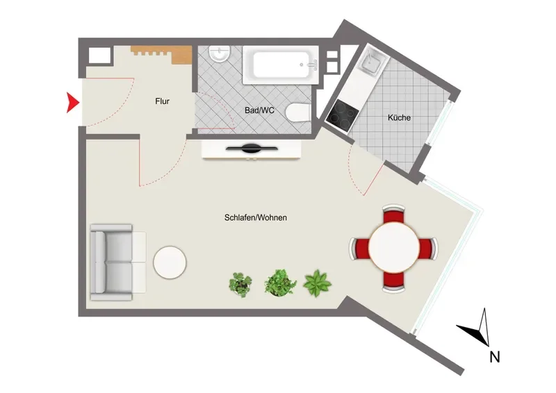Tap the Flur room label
162,101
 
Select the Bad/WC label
259,110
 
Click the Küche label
399,117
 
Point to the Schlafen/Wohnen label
255,217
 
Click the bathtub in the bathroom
281,65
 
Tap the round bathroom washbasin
219,54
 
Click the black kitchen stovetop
342,115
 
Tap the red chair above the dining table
393,214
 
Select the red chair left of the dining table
359,248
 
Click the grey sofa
117,262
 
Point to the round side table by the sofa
170,262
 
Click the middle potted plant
280,283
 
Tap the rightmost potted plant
317,283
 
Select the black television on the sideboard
252,149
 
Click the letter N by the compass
495,357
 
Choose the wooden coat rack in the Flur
161,54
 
